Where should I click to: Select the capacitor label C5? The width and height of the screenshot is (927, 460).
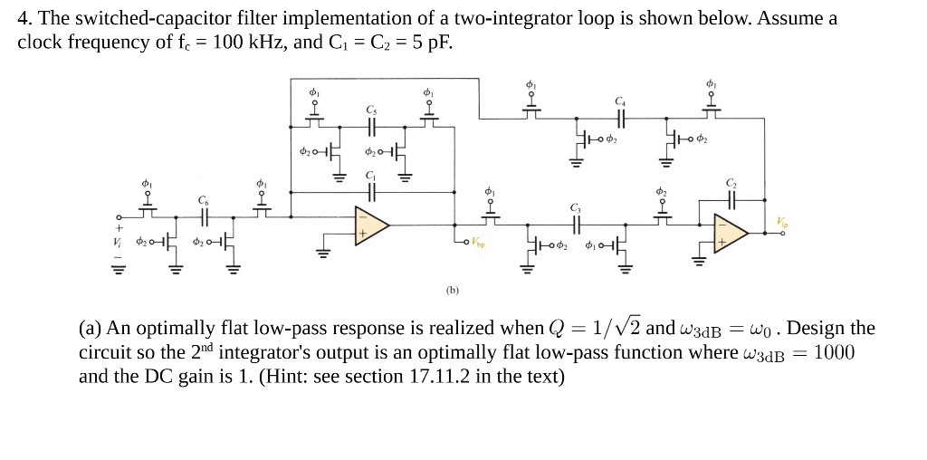click(370, 110)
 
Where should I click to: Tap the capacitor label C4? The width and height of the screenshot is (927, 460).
click(620, 101)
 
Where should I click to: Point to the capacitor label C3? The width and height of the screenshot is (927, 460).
click(574, 208)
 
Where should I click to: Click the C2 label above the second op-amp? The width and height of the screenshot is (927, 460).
click(731, 184)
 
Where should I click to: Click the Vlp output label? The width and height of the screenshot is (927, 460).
click(781, 221)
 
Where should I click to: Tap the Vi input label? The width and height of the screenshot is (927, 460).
click(116, 242)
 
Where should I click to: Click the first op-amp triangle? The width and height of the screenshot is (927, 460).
click(372, 226)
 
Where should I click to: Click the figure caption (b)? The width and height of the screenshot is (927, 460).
click(453, 290)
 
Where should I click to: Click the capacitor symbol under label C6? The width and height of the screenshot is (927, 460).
click(205, 218)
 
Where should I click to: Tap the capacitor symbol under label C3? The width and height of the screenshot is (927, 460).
click(575, 225)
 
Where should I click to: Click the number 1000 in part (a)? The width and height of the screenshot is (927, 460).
click(834, 352)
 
